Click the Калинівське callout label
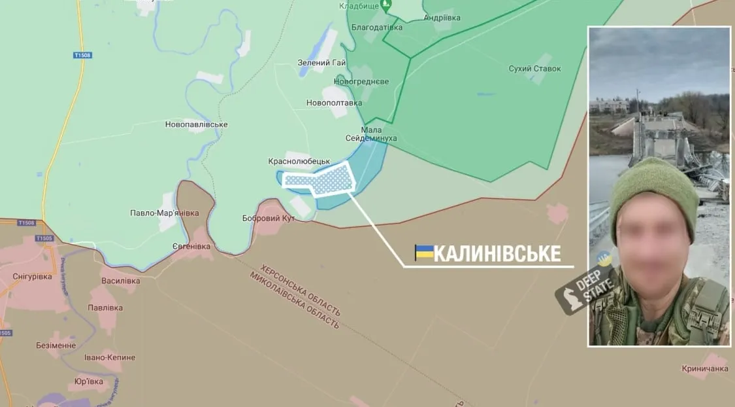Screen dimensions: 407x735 pos(497,253)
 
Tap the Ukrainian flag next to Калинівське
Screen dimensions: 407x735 pos(424,252)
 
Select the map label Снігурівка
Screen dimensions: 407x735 pos(32,277)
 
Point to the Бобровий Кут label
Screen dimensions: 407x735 pos(269,218)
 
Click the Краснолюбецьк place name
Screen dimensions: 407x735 pos(299,161)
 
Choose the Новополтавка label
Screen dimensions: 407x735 pos(334,103)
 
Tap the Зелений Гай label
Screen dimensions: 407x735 pos(321,63)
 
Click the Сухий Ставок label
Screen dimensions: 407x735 pos(534,69)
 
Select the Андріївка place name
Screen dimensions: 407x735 pos(442,18)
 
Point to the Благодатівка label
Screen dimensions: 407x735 pos(377,27)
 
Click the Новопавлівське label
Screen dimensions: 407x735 pos(196,124)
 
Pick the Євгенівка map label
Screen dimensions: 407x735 pos(191,247)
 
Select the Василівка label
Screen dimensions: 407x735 pos(121,281)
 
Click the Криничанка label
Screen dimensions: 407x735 pos(705,369)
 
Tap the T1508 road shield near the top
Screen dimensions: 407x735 pos(82,56)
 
